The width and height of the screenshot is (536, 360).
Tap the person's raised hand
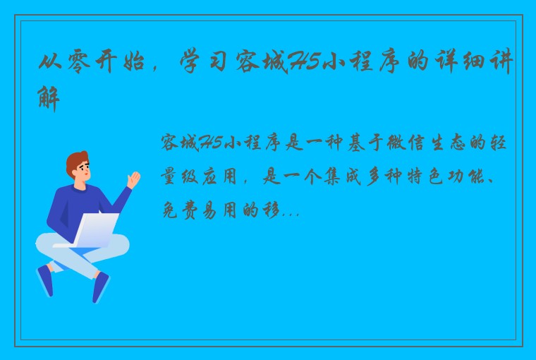click(132, 179)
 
